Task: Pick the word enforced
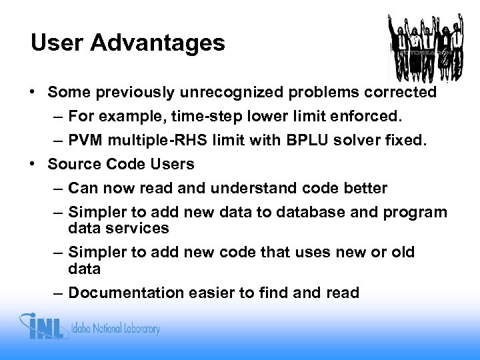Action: (370, 118)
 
